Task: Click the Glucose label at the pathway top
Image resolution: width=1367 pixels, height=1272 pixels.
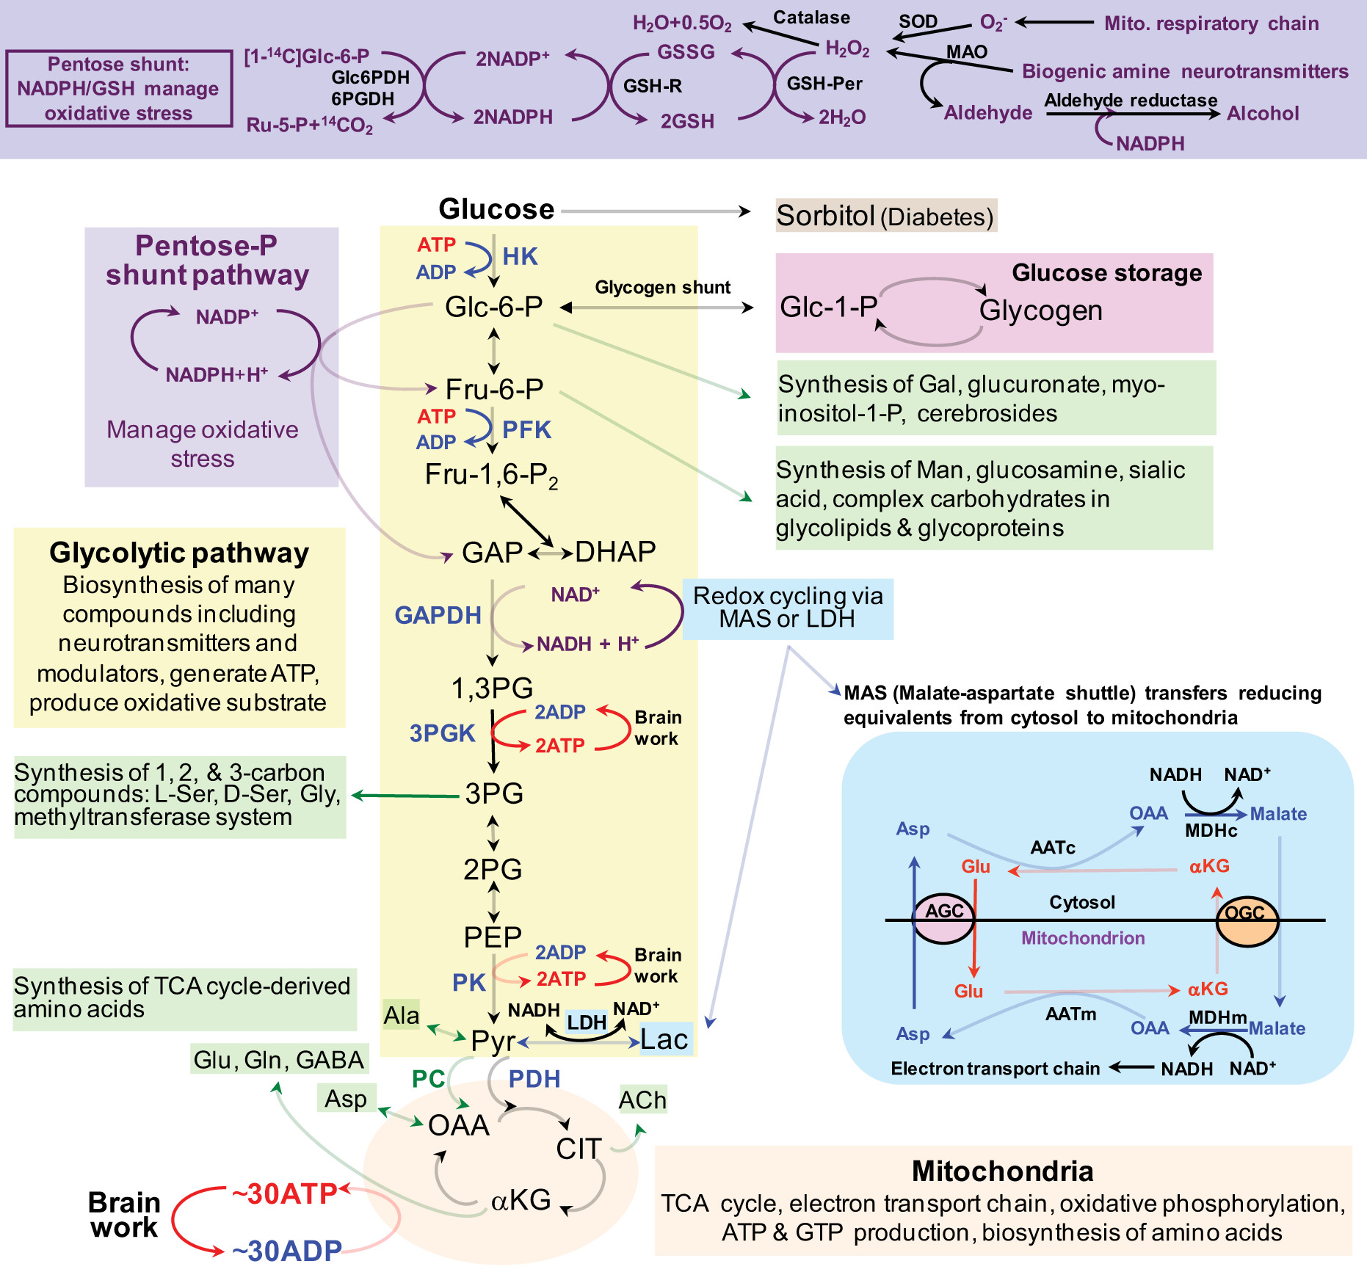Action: (x=496, y=209)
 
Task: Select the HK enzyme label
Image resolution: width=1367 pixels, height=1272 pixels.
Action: (x=520, y=256)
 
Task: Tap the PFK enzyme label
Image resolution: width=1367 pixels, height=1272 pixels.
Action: (x=526, y=429)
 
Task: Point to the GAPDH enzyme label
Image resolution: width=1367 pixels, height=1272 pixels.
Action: (x=438, y=615)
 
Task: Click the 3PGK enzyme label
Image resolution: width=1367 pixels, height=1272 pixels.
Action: (x=443, y=733)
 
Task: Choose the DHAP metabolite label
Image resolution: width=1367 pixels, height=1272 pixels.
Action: (x=615, y=552)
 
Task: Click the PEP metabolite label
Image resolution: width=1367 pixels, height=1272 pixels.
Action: (x=493, y=937)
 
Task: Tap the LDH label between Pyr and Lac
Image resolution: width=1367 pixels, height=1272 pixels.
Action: (x=587, y=1022)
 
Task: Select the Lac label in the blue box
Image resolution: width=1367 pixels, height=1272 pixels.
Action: (x=664, y=1039)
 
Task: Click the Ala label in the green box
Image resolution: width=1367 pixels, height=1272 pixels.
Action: (x=402, y=1015)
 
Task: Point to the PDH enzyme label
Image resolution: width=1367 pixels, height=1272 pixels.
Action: (x=534, y=1079)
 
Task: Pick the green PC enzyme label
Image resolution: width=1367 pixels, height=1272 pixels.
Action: (x=429, y=1079)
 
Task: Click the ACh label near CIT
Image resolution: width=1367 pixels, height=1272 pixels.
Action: (x=642, y=1100)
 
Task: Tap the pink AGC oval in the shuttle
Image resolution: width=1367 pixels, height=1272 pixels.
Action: (x=943, y=918)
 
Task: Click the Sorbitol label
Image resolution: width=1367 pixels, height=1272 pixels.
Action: (x=826, y=216)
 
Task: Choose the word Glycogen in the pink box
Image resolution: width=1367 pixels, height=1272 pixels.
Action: (x=1041, y=310)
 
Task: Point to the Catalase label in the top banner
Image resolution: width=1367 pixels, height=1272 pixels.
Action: (x=812, y=18)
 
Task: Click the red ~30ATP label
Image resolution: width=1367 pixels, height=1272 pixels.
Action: (x=285, y=1194)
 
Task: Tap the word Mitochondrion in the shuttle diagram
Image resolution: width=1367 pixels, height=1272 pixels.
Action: (x=1083, y=938)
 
